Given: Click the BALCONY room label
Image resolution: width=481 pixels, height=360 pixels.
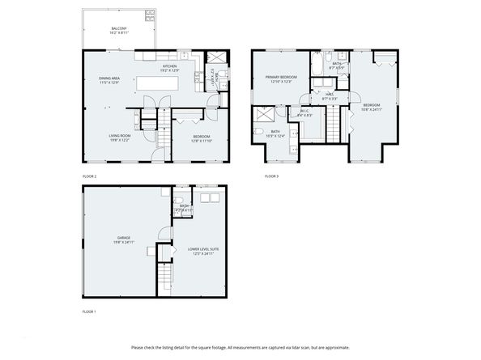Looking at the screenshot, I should tap(118, 28).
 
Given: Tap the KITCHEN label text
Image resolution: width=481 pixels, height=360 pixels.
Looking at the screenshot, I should tap(170, 66).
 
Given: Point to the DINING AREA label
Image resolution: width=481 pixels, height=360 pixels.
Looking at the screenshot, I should tap(109, 78).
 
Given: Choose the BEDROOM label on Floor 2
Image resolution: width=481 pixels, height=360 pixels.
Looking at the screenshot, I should tap(201, 136).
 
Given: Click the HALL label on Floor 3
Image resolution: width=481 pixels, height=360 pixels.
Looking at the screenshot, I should tap(330, 94).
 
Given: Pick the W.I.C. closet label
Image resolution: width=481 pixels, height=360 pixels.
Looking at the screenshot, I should tap(304, 112).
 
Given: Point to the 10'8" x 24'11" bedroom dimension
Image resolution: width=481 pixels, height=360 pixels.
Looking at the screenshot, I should tap(372, 109).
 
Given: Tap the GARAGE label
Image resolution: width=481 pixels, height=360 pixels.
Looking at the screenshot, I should tap(122, 237).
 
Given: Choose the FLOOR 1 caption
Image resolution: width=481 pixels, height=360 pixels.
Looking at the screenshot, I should tap(89, 311).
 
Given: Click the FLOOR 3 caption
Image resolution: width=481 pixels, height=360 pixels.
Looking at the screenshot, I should tap(271, 176).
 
